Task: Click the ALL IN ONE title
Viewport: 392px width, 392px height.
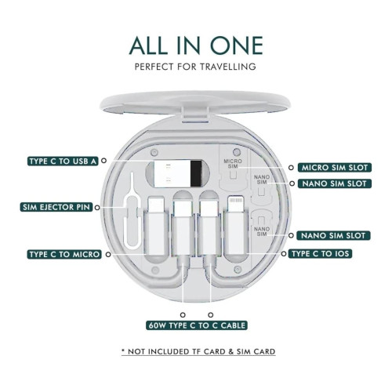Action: coord(196,45)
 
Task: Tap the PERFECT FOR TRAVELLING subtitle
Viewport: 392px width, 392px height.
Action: coord(195,67)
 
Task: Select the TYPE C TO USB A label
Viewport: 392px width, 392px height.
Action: coord(63,161)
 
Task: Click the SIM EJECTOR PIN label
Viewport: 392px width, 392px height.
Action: coord(56,207)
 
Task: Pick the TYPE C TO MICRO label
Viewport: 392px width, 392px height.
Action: coord(64,254)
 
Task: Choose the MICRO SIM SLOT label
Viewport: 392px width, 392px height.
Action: coord(335,168)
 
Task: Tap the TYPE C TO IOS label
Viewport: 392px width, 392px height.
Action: coord(320,254)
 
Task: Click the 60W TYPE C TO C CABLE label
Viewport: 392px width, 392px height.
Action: coord(197,325)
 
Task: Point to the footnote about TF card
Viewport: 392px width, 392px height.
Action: coord(198,351)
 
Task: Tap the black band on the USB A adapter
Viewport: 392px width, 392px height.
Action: coord(196,173)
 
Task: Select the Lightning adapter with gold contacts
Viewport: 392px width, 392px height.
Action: coord(236,226)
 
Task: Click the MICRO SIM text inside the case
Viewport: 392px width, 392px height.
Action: coord(233,164)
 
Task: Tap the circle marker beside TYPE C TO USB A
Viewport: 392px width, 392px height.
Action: coord(104,161)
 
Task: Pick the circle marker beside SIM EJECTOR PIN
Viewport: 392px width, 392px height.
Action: coord(97,208)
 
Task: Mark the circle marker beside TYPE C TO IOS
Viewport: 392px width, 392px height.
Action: coord(284,253)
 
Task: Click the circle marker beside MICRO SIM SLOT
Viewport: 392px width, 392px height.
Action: coord(291,168)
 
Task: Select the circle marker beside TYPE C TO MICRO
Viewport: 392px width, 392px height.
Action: coord(108,254)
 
